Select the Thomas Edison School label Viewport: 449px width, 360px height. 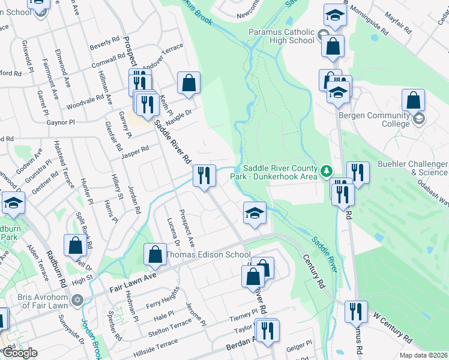[208, 254]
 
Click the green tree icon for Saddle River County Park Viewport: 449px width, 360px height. [326, 172]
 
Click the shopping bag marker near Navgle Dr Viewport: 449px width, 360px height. [188, 84]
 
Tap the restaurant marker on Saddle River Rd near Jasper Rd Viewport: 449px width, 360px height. [204, 176]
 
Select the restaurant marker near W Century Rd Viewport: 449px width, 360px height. [357, 312]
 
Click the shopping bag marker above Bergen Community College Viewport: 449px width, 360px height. [413, 100]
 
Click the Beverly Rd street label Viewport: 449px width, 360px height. [105, 43]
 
